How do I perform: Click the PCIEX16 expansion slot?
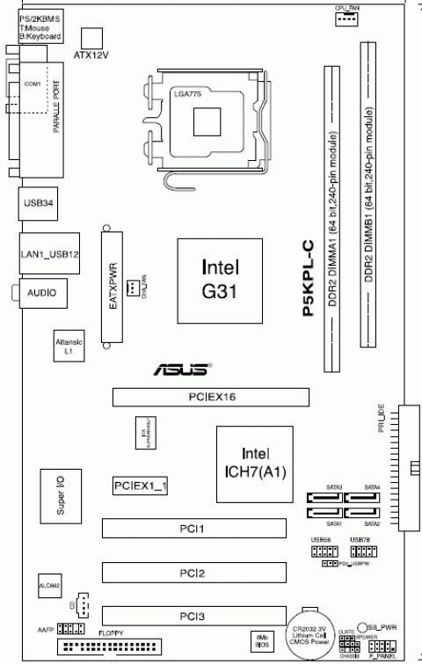pos(210,398)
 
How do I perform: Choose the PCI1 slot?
pos(193,529)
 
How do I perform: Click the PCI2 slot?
pos(193,574)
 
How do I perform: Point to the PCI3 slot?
pos(193,617)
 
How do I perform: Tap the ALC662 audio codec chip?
pos(49,583)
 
